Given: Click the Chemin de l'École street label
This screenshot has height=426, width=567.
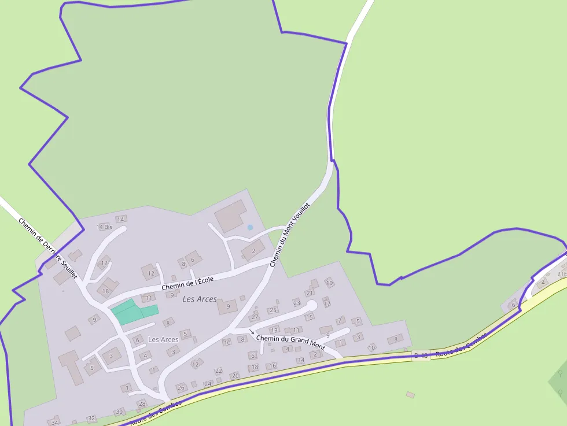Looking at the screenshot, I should (x=187, y=283).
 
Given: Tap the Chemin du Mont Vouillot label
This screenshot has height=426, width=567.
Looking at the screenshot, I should (x=290, y=234).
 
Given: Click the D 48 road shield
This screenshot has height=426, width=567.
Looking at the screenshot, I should (x=421, y=355).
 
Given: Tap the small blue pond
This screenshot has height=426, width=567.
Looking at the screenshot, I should (x=250, y=228).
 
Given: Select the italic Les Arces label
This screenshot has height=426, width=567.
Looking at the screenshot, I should (x=200, y=299).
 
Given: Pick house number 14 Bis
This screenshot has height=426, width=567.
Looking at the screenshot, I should (x=104, y=227).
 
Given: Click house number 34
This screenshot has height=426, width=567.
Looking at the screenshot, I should (x=55, y=423).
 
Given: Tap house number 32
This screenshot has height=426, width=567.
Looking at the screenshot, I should (x=91, y=418).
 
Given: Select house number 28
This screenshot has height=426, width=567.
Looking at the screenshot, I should (x=142, y=403).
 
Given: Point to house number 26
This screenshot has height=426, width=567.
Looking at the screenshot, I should (x=181, y=387).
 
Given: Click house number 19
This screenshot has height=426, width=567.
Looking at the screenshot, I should (x=329, y=283).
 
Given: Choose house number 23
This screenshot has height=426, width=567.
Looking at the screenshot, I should (x=297, y=302).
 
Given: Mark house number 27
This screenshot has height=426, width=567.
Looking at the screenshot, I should (x=255, y=317).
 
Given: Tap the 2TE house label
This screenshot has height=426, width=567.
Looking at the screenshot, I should (x=561, y=273).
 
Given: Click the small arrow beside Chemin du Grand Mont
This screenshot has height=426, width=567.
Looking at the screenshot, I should (x=252, y=332).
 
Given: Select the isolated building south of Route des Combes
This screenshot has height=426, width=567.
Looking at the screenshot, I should (x=410, y=395).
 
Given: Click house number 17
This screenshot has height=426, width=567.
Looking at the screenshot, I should (x=327, y=303).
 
